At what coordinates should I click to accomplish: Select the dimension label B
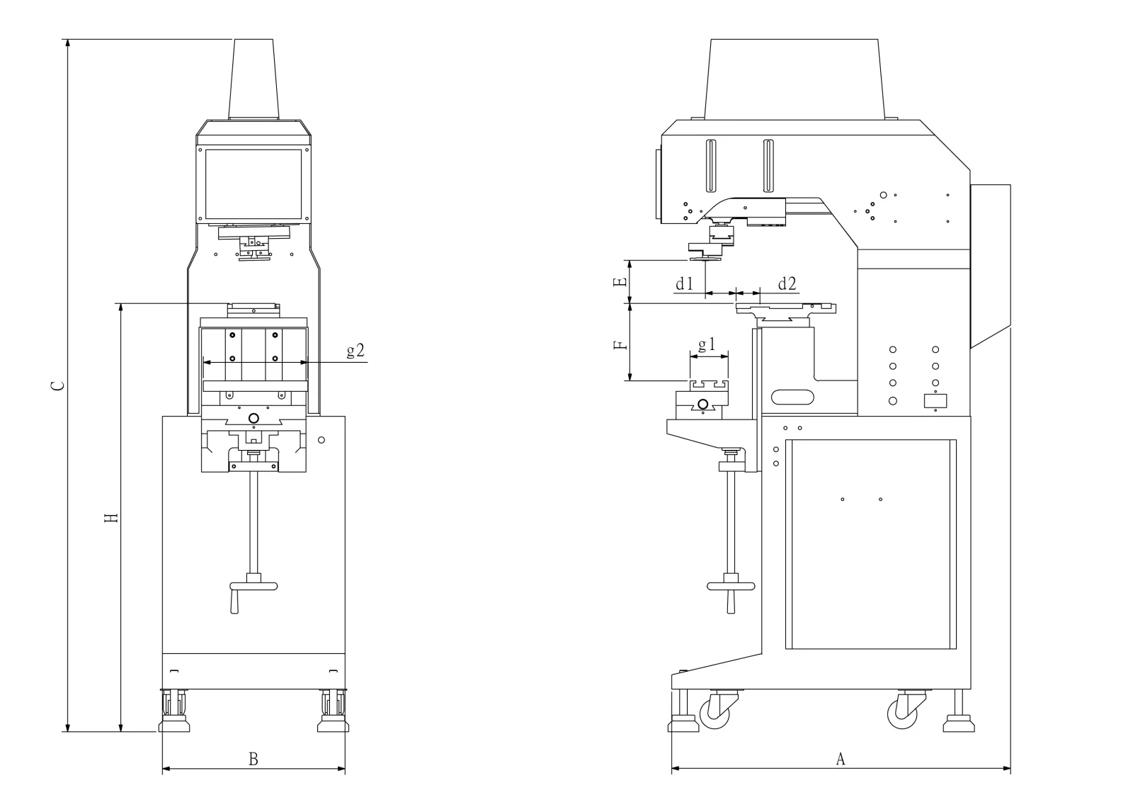[253, 760]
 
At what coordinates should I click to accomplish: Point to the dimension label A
[841, 759]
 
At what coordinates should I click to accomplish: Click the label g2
[355, 350]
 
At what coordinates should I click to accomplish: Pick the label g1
[707, 345]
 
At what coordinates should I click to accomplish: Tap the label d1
[684, 284]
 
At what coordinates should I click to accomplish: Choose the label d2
[787, 284]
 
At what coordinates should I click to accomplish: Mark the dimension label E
[620, 282]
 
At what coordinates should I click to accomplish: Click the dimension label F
[620, 346]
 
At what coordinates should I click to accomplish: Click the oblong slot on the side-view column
[792, 397]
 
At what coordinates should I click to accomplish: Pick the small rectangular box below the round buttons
[936, 400]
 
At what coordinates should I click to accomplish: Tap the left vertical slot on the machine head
[711, 166]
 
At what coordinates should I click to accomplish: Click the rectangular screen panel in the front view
[254, 184]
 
